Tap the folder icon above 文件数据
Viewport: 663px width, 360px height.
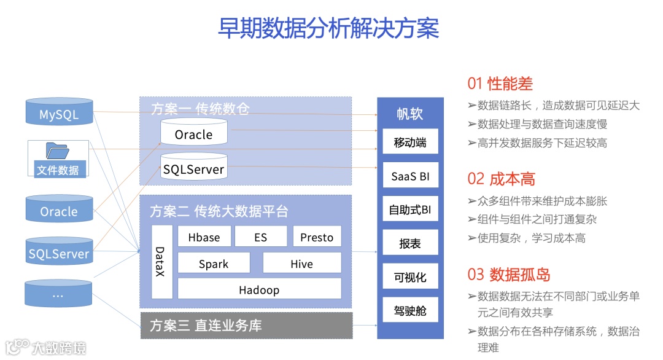(x=57, y=151)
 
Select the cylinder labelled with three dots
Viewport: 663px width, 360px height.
(x=59, y=295)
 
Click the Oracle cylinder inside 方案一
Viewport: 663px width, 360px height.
(x=193, y=133)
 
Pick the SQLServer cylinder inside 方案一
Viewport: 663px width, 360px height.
(x=193, y=168)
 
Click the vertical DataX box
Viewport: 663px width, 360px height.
(x=161, y=262)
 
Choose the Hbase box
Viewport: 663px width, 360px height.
(x=204, y=237)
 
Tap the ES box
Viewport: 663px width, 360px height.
(x=260, y=237)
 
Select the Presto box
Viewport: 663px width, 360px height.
(x=317, y=237)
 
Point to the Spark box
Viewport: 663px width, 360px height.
(x=214, y=264)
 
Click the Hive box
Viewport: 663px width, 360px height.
(x=301, y=264)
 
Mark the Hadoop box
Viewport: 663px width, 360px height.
(x=259, y=289)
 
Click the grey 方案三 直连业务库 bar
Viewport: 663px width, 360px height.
(x=246, y=326)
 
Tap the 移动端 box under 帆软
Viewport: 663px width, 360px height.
(x=409, y=143)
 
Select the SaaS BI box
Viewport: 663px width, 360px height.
(x=409, y=177)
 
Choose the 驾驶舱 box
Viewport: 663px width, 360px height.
(x=409, y=311)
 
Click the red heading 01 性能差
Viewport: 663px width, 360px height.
(x=500, y=84)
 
